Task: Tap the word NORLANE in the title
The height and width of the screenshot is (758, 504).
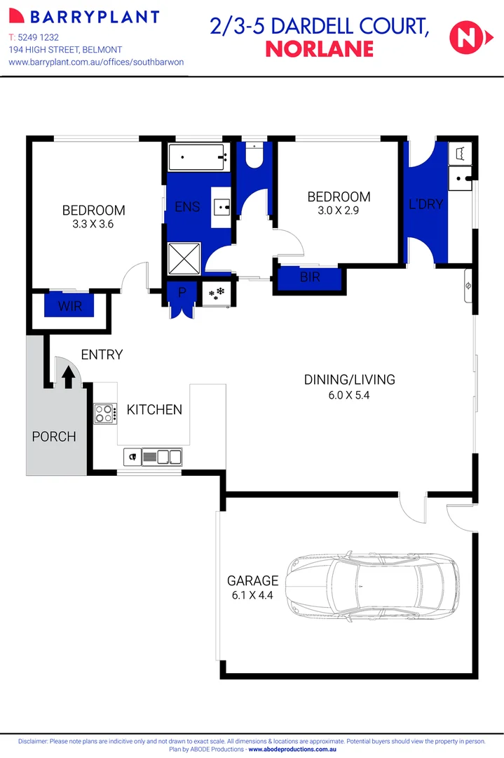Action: point(320,49)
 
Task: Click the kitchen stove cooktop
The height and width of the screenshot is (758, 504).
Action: point(105,413)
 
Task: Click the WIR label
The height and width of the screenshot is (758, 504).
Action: point(69,306)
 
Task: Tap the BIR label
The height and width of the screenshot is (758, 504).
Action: point(310,278)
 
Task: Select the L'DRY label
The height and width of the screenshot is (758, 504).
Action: point(426,205)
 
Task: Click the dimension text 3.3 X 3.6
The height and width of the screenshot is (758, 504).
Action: point(93,225)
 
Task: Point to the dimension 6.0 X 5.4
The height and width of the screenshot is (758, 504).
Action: point(349,396)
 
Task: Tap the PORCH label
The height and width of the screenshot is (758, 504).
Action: point(54,437)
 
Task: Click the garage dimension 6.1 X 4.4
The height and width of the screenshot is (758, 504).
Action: point(252,596)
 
